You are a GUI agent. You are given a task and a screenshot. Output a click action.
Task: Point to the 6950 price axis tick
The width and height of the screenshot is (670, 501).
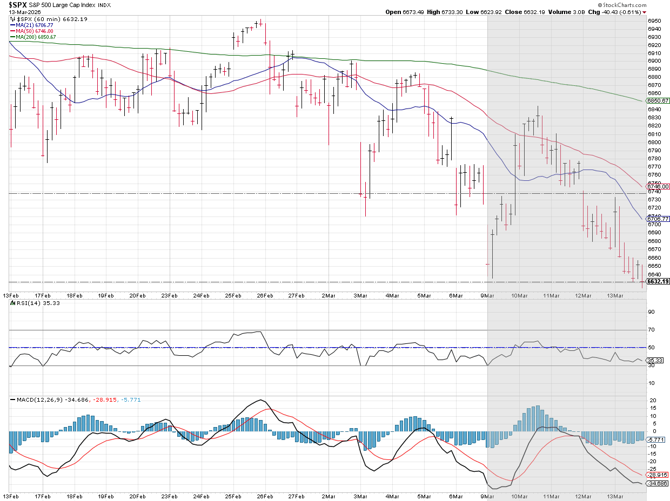[654, 21]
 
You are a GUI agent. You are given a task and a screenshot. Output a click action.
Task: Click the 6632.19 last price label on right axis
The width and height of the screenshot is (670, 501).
[658, 281]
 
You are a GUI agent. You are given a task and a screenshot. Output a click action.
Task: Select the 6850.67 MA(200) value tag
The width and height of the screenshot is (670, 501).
[658, 101]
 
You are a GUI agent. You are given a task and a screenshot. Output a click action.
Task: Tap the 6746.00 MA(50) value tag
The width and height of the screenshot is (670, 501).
[658, 186]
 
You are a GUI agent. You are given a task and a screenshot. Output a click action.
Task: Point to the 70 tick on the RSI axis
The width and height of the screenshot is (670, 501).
[651, 329]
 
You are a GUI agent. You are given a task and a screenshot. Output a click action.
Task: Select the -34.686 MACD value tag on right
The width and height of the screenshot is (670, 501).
[658, 483]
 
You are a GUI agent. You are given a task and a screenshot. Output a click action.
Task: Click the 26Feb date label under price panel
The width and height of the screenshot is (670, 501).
[264, 295]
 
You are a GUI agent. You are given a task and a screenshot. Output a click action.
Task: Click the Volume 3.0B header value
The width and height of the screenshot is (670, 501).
[568, 12]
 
